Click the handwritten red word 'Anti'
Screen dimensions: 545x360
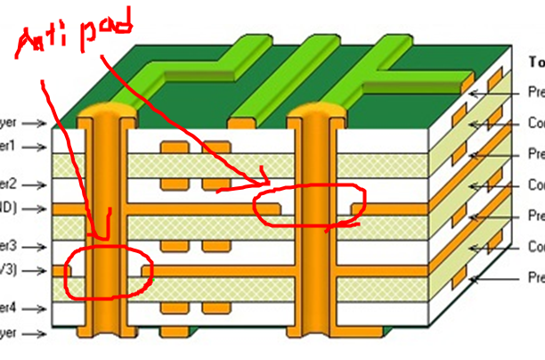point(46,46)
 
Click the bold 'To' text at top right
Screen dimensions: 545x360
point(536,61)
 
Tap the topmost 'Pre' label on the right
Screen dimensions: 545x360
point(536,92)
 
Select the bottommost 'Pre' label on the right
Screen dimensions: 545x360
point(536,278)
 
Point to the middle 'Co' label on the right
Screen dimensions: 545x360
point(536,185)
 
